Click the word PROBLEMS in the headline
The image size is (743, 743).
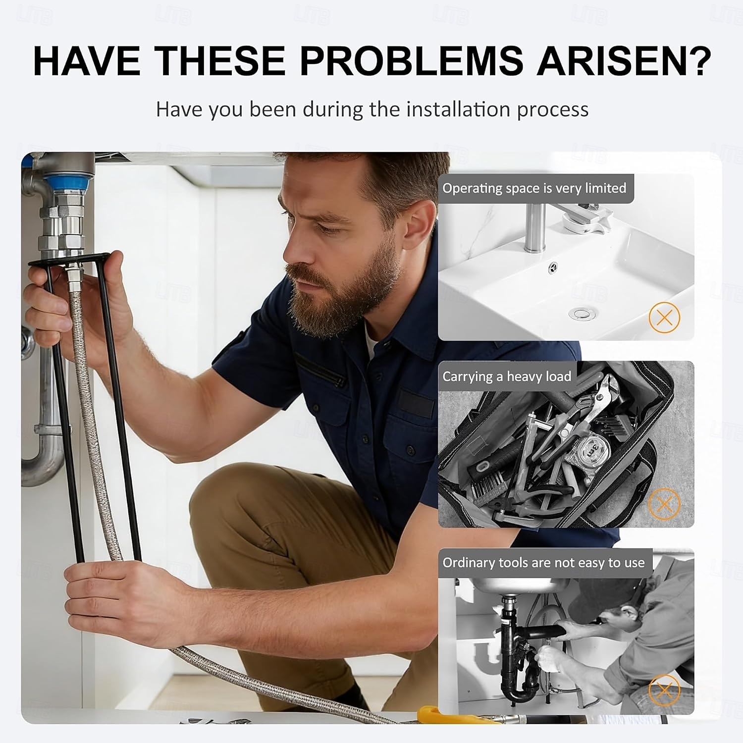pos(411,61)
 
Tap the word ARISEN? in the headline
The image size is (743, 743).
pos(624,61)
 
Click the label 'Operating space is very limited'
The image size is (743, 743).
pos(534,188)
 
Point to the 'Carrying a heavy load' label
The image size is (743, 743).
pos(507,376)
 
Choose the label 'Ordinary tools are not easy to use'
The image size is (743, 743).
pos(543,563)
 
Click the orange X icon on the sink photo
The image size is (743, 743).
pos(664,317)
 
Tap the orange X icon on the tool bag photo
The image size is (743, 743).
pos(664,504)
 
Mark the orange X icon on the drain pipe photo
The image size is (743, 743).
pos(664,690)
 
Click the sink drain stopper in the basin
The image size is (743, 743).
pos(578,313)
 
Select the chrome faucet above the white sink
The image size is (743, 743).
pos(536,225)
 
